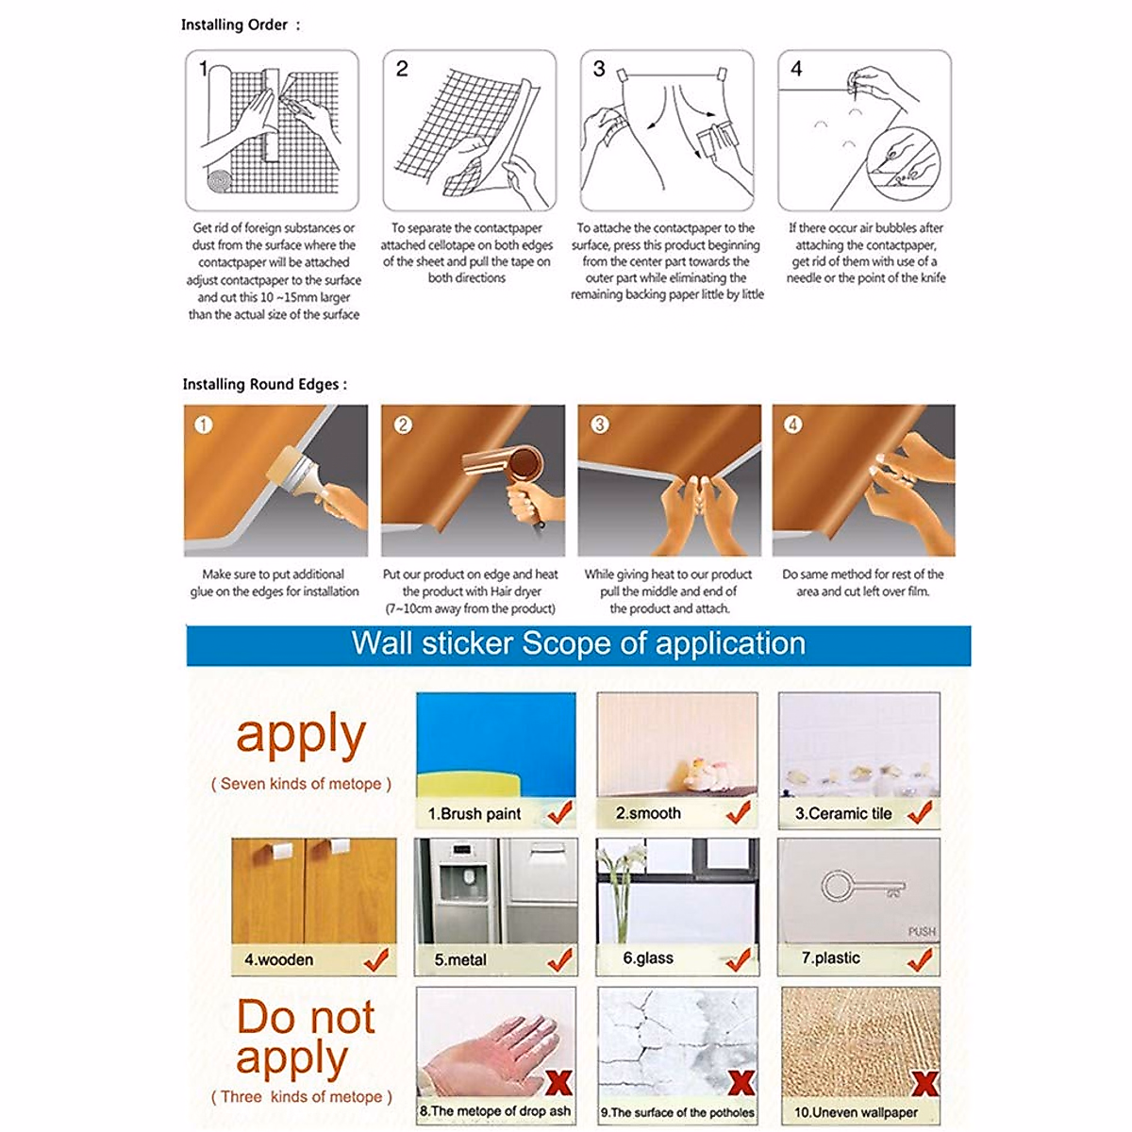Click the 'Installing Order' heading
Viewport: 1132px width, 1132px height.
(x=234, y=25)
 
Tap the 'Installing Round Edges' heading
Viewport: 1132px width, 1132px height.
(x=260, y=384)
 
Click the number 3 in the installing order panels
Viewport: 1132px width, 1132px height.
(x=599, y=69)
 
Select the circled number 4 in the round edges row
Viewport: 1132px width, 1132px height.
(x=792, y=424)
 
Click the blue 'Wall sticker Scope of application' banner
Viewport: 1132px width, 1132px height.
(x=578, y=644)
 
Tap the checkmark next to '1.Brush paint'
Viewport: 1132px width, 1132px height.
(x=559, y=812)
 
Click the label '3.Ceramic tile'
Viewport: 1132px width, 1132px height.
(x=843, y=813)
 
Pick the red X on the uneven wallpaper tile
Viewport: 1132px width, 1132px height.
(x=924, y=1083)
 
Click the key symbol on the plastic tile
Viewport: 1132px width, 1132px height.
(x=862, y=888)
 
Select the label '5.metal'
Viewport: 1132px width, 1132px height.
(x=460, y=959)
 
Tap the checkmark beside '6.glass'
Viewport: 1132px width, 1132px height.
(x=738, y=960)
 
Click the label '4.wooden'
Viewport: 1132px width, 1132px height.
(x=278, y=959)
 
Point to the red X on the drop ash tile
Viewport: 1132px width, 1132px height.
(x=558, y=1082)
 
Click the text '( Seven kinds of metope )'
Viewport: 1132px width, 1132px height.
(x=301, y=783)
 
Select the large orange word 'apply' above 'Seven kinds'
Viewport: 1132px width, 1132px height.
(x=301, y=735)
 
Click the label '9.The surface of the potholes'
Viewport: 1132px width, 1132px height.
(x=677, y=1112)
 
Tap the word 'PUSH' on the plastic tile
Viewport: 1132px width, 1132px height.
(x=922, y=932)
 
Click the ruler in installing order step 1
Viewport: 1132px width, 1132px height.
(x=271, y=115)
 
